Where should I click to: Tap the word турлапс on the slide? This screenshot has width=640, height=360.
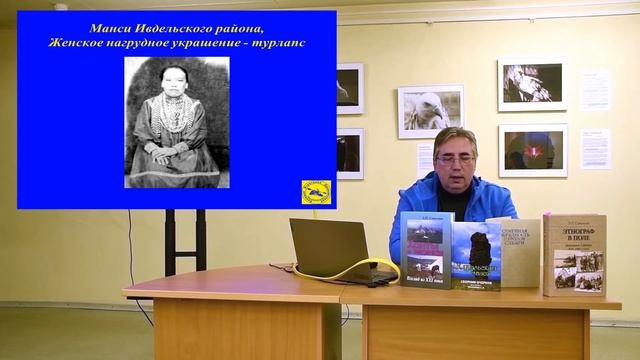(277, 43)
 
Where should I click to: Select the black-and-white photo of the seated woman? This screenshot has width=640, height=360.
(176, 122)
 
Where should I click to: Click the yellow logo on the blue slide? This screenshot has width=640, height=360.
(316, 191)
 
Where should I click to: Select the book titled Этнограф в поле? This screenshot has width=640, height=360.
(574, 254)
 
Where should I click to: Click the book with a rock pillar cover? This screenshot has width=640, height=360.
(476, 256)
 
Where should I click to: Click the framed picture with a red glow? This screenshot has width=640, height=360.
(532, 150)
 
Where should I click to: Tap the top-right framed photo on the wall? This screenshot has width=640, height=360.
(532, 85)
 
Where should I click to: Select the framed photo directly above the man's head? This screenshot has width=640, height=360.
(430, 110)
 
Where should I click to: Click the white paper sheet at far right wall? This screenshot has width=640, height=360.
(596, 148)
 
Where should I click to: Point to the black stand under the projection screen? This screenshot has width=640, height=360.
(170, 240)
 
